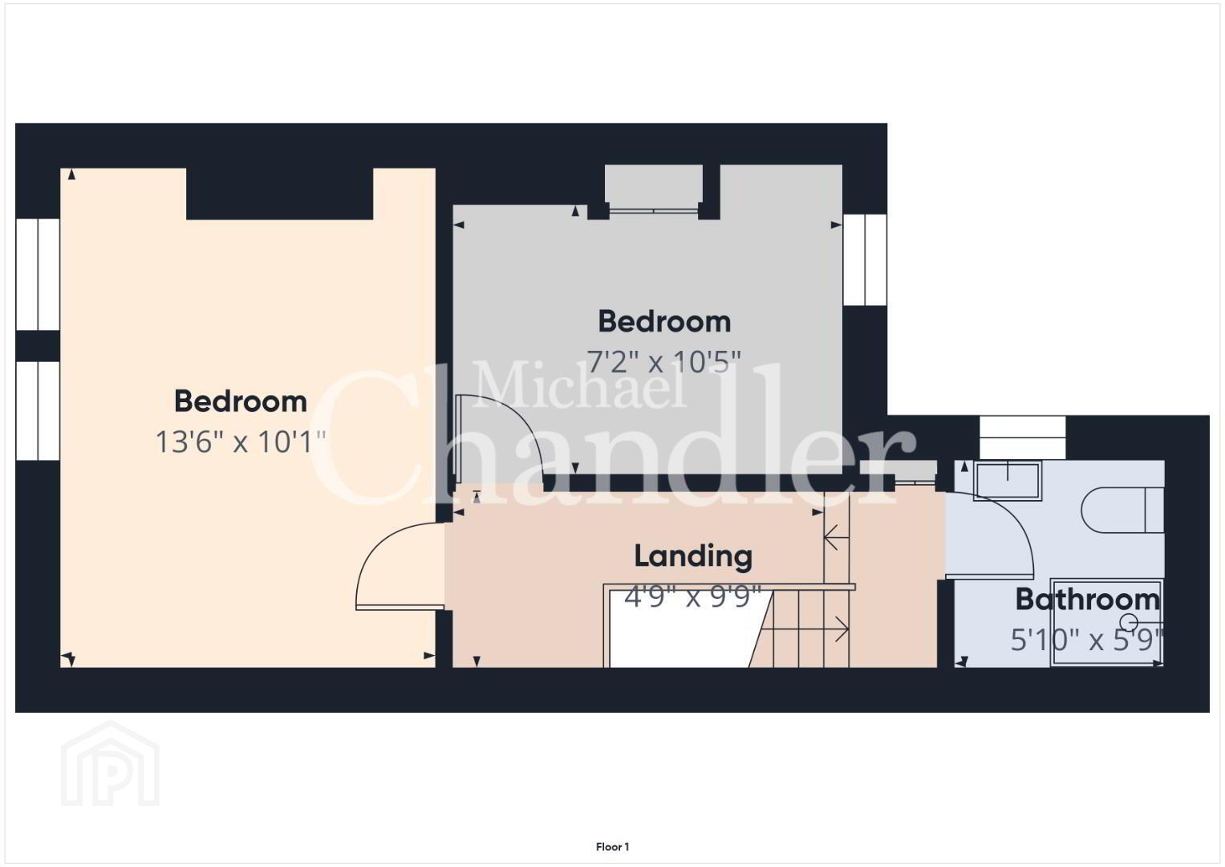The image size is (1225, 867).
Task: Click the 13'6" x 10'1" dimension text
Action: coord(241,442)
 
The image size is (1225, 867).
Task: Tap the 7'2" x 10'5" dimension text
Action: coord(663,362)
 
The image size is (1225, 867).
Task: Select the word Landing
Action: coord(693,556)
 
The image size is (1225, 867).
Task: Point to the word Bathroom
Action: coord(1088,600)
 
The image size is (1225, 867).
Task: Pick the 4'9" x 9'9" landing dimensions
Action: coord(693,596)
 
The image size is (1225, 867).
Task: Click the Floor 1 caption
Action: coord(613,847)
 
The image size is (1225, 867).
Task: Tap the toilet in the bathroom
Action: coord(1122,510)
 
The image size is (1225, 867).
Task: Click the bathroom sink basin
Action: coord(1008,481)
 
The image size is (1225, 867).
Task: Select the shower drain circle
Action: coord(1129,622)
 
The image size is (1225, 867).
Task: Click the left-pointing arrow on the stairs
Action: coord(836,538)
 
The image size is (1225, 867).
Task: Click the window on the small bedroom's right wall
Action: coord(865,259)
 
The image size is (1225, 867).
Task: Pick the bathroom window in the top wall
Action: coord(1022,438)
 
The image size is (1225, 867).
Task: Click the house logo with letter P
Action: coord(110,763)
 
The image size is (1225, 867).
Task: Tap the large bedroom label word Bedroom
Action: coord(241,401)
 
